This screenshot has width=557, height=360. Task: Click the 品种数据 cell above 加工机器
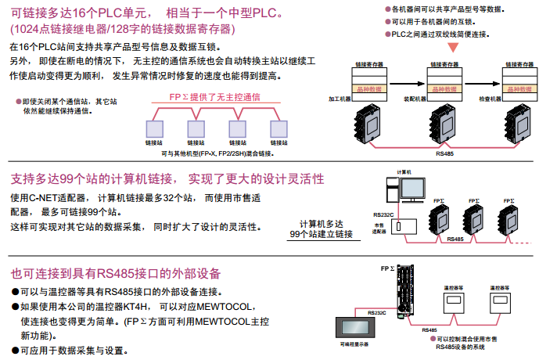pyautogui.click(x=365, y=88)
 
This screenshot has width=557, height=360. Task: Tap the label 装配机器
pyautogui.click(x=415, y=99)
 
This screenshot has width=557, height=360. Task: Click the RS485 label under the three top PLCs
pyautogui.click(x=443, y=154)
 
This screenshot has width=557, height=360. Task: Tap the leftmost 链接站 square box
pyautogui.click(x=152, y=128)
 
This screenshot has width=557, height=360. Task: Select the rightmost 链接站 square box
pyautogui.click(x=276, y=128)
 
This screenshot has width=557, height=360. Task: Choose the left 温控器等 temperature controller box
pyautogui.click(x=455, y=302)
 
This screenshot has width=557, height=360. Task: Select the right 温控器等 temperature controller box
pyautogui.click(x=501, y=302)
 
